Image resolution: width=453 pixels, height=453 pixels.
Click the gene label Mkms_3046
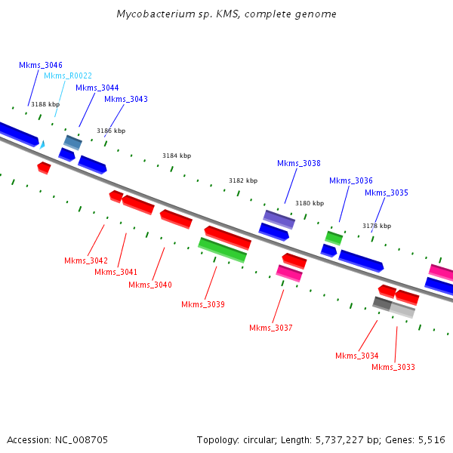(41, 66)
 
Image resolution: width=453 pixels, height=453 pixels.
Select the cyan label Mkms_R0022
(68, 75)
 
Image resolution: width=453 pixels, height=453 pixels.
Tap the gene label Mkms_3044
(97, 88)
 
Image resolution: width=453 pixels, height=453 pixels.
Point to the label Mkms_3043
(126, 99)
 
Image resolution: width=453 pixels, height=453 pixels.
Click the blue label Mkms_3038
(298, 163)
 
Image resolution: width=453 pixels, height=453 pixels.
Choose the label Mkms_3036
(350, 180)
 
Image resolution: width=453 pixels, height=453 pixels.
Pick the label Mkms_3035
(386, 193)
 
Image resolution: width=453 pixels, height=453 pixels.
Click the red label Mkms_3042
(85, 260)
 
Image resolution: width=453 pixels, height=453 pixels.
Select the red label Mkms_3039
(202, 304)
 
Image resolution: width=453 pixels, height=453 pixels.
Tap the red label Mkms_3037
(270, 328)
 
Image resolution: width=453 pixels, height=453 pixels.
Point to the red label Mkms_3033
(393, 367)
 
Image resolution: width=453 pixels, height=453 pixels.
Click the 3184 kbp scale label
(177, 156)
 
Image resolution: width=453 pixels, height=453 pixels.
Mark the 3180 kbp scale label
(309, 203)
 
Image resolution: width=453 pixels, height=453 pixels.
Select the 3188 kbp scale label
(45, 104)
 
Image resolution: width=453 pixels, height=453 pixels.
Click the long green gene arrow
(222, 250)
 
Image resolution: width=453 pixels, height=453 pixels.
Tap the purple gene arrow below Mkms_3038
(279, 219)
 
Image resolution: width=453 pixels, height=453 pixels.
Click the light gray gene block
(402, 310)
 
